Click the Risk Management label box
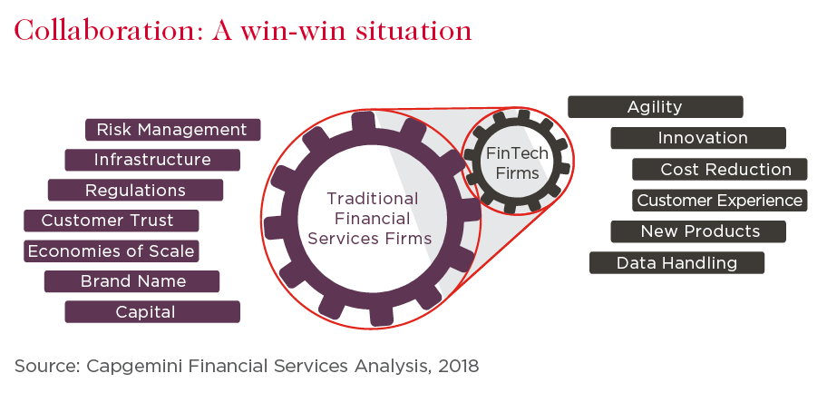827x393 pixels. click(173, 130)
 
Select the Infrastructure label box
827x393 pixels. click(152, 160)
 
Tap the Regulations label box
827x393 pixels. click(135, 191)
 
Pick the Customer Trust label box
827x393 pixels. click(112, 221)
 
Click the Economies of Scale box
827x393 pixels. click(112, 251)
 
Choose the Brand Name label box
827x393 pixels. click(131, 281)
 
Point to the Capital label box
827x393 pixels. click(152, 311)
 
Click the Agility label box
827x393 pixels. click(655, 107)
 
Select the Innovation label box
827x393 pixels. click(698, 138)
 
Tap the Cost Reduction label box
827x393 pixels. click(720, 169)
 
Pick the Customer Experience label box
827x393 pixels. click(720, 201)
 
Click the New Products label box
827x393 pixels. click(698, 231)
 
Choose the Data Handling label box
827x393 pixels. click(676, 262)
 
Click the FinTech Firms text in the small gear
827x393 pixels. click(518, 163)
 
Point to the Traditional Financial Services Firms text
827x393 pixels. click(370, 219)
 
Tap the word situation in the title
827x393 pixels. click(413, 30)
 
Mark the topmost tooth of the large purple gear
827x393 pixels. click(363, 122)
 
